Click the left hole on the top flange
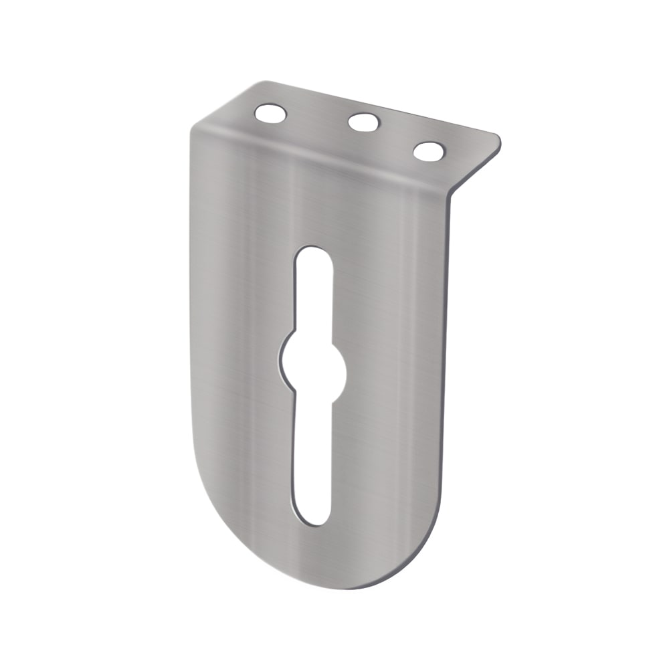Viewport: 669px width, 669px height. point(270,114)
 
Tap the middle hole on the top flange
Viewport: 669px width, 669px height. point(364,122)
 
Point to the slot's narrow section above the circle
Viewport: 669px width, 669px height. point(313,294)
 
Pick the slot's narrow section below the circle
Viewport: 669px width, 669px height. point(312,455)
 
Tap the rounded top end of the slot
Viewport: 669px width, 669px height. point(313,253)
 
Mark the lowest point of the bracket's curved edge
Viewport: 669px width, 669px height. point(348,587)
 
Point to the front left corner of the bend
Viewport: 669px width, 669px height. point(194,130)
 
